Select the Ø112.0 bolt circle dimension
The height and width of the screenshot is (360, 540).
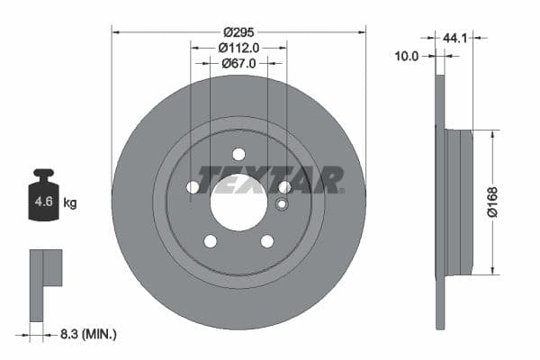(238, 48)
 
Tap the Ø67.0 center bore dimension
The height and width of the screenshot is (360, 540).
(238, 63)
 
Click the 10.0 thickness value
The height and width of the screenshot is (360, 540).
(408, 56)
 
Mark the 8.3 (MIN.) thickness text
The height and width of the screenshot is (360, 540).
(87, 335)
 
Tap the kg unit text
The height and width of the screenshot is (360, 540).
(70, 203)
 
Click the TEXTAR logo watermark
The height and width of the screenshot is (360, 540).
(270, 179)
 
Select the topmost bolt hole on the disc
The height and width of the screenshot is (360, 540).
(238, 153)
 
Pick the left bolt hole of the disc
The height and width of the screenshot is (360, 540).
(193, 187)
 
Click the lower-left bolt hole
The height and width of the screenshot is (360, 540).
(211, 241)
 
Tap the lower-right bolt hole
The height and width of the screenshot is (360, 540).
(267, 241)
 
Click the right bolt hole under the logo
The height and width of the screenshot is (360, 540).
(284, 187)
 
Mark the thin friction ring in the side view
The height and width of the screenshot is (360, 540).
(439, 202)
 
